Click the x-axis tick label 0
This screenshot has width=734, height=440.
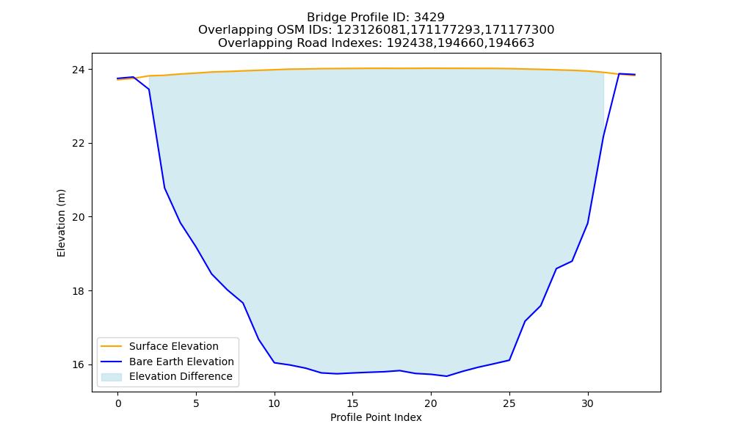pyautogui.click(x=118, y=404)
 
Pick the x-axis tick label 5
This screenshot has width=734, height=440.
pyautogui.click(x=196, y=404)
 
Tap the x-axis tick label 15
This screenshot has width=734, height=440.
pyautogui.click(x=352, y=404)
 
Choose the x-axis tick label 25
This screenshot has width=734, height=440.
pyautogui.click(x=509, y=404)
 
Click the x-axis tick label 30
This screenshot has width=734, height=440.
pyautogui.click(x=587, y=404)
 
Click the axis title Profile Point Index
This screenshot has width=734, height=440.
pyautogui.click(x=376, y=417)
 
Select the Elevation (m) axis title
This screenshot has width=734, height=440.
pyautogui.click(x=61, y=223)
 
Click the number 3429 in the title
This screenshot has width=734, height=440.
pyautogui.click(x=429, y=18)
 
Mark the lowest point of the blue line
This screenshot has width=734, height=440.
pyautogui.click(x=446, y=376)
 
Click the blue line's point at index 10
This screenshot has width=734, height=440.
pyautogui.click(x=275, y=362)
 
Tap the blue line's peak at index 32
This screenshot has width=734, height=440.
pyautogui.click(x=619, y=74)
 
